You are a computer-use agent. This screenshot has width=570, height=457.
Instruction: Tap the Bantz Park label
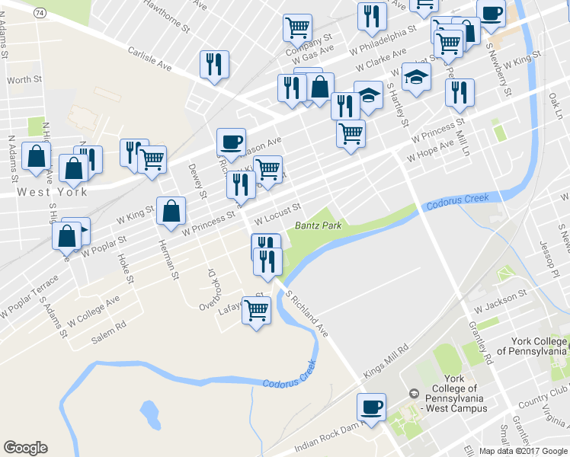317,225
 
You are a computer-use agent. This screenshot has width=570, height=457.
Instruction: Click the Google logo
26,448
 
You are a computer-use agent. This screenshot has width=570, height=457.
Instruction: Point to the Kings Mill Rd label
386,358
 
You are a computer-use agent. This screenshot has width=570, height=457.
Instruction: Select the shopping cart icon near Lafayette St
257,309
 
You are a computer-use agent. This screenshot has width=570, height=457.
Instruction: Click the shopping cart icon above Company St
297,27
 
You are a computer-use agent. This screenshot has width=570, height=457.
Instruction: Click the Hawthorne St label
165,15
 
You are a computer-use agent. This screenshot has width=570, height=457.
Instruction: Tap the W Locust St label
278,214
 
